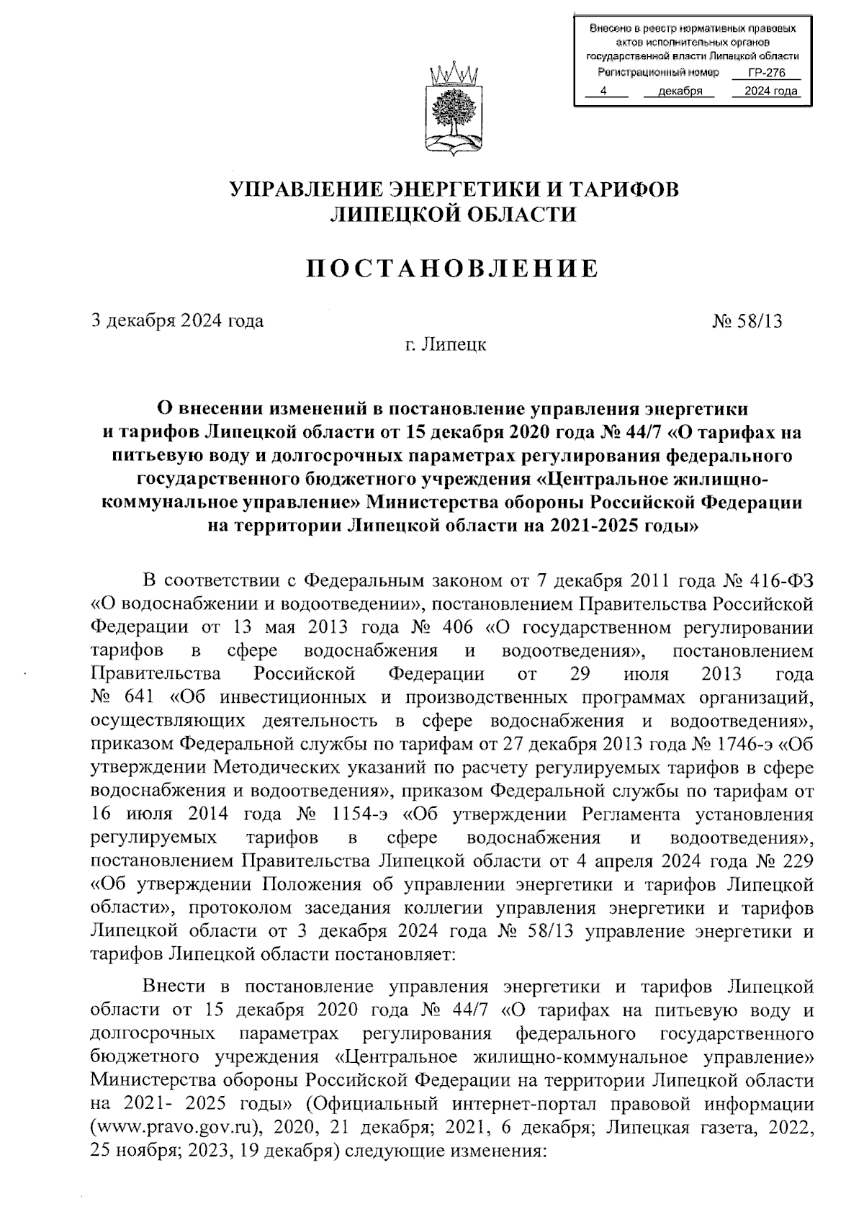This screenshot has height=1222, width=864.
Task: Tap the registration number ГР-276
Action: pyautogui.click(x=765, y=73)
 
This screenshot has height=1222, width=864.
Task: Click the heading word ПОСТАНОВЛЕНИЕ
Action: pyautogui.click(x=454, y=269)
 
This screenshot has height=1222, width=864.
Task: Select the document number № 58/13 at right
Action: pyautogui.click(x=747, y=321)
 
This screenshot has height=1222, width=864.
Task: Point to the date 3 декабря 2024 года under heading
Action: pyautogui.click(x=176, y=321)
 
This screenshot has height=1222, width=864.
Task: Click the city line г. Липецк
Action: pyautogui.click(x=445, y=345)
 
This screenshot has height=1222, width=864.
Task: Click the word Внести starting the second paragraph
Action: pyautogui.click(x=175, y=986)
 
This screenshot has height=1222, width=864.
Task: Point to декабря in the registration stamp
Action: pyautogui.click(x=680, y=91)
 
